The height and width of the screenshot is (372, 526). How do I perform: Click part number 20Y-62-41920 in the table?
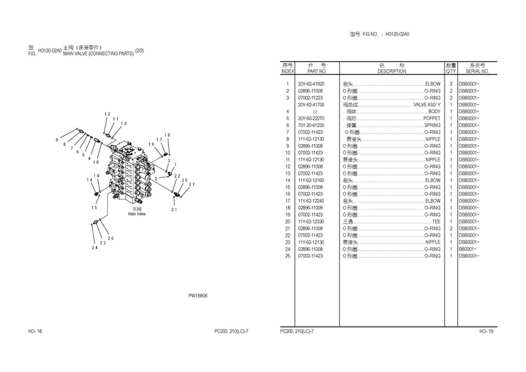coord(311,84)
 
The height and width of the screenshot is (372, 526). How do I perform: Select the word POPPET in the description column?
coord(431,118)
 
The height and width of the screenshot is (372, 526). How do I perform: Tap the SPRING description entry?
coord(432,125)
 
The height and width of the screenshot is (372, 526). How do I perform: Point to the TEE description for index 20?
coord(436,222)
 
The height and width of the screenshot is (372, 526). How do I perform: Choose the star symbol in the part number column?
coord(306,111)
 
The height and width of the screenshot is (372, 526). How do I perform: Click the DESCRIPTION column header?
coord(391,71)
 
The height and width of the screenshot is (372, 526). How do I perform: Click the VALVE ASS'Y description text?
coord(427,105)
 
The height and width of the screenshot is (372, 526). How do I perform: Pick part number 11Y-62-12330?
coord(311,222)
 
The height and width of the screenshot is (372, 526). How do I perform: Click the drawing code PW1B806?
coord(198,296)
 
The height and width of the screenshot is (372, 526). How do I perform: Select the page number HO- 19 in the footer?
coord(487,331)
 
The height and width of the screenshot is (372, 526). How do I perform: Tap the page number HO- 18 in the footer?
coord(35,331)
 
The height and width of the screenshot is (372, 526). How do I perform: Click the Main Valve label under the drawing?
coord(137,214)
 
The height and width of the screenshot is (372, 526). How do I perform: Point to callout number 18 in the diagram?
coord(167,135)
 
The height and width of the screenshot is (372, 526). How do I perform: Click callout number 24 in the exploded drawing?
coord(95,249)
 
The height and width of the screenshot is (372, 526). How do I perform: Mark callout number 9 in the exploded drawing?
coord(57,139)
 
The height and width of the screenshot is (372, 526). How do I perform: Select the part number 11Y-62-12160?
coord(311,180)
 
